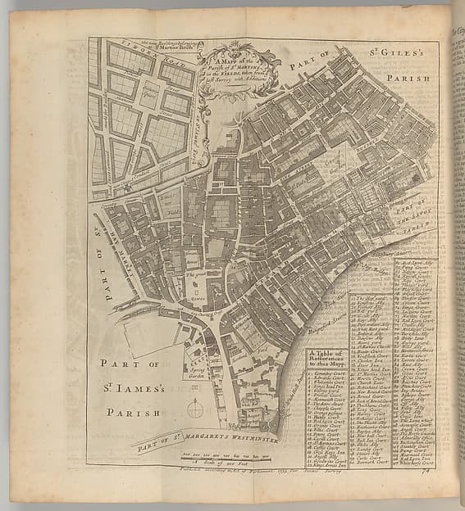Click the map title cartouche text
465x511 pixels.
click(x=240, y=70)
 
